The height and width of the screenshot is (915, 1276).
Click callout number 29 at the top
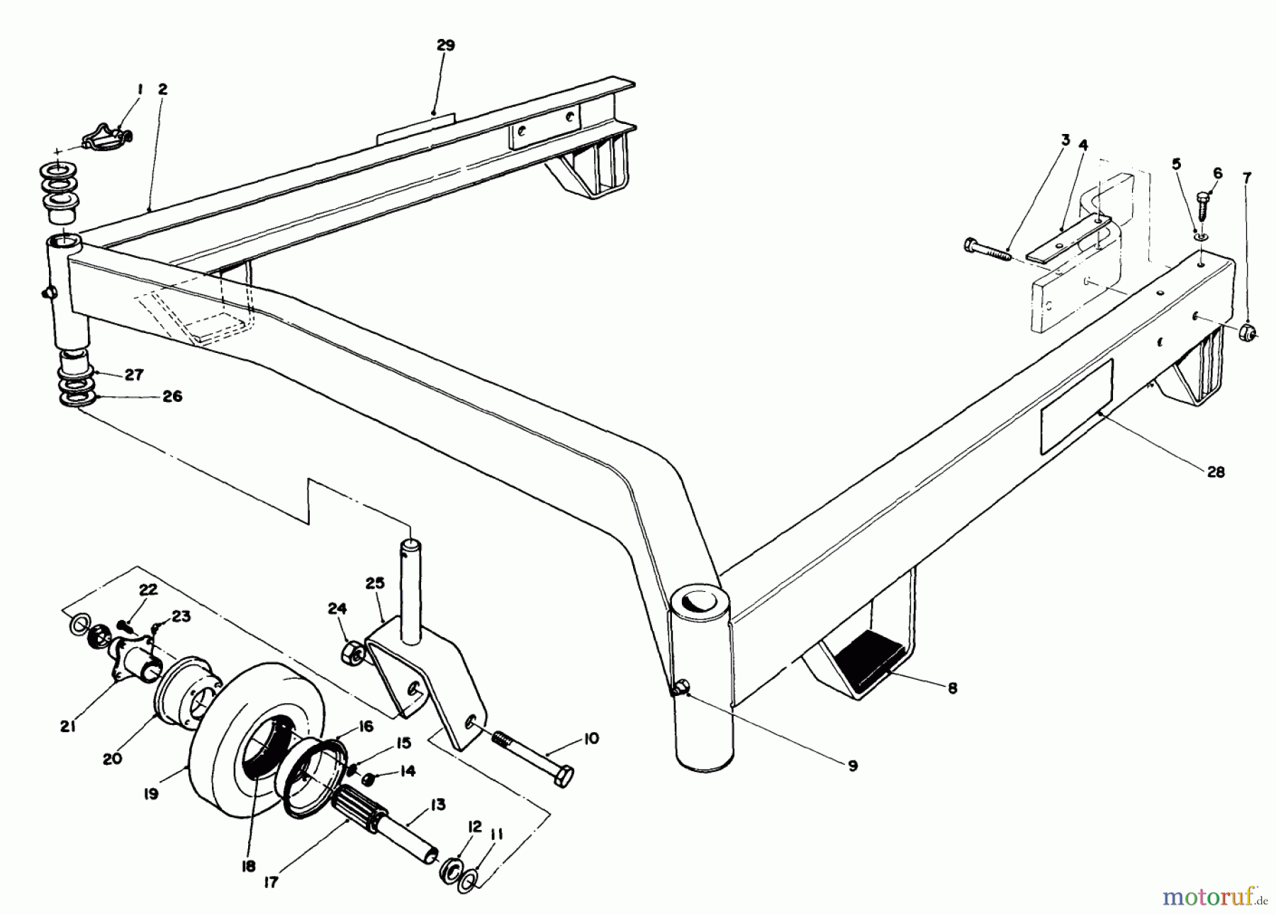pos(445,45)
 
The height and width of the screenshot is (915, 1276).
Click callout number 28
pos(1215,472)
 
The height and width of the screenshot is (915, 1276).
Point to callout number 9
pos(852,765)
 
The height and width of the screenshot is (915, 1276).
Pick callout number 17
pos(271,882)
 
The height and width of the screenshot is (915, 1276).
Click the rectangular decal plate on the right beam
pos(1076,406)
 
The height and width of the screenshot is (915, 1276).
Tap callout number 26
pos(172,396)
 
